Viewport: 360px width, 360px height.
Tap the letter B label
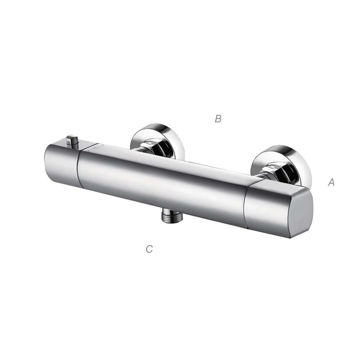coord(218,119)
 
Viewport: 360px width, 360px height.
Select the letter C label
coord(149,249)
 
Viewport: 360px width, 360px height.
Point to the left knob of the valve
coord(62,164)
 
